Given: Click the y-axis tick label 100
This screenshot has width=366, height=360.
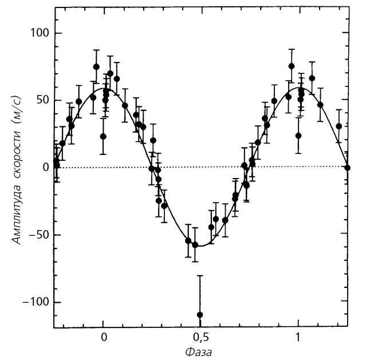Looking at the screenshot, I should (38, 33).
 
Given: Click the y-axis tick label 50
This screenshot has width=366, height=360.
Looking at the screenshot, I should (41, 100).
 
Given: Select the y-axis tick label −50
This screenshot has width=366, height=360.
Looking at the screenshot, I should (38, 235).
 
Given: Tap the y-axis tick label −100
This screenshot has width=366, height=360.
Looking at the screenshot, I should (36, 302).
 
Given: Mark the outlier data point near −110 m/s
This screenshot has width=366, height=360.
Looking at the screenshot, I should (200, 314).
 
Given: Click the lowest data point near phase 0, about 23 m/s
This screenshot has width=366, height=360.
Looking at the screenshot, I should (103, 136).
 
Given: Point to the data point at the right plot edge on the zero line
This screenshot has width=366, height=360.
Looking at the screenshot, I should (347, 167).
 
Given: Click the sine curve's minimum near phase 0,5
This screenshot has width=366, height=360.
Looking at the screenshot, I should (200, 246).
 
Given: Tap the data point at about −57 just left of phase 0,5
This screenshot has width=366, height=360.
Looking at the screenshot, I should (195, 244).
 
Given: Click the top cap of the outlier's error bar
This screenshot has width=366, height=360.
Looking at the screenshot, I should (200, 276).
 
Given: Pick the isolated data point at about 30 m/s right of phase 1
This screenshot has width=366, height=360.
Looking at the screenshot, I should (339, 126).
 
